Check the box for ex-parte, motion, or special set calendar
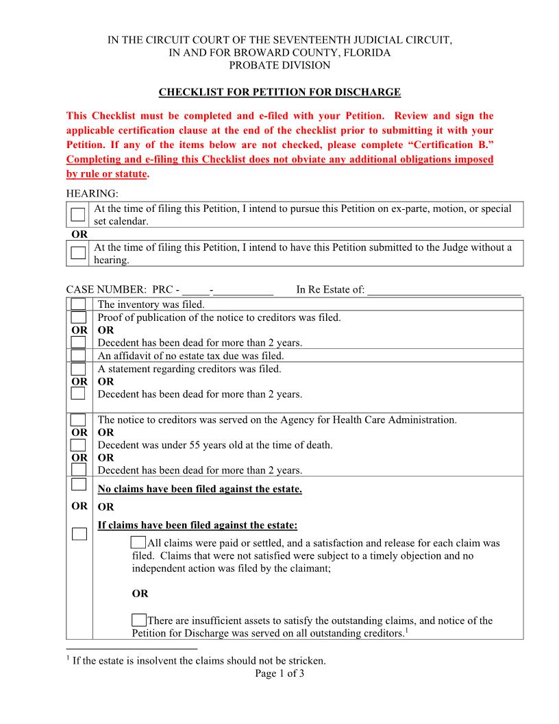coord(79,215)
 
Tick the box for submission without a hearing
coord(79,253)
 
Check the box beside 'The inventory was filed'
coord(79,304)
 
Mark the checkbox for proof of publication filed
coord(79,317)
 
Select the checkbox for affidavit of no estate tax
coord(79,356)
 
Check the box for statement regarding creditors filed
coord(79,369)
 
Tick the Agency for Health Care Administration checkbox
coord(79,420)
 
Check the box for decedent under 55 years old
coord(79,445)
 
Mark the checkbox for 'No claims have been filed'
coord(79,485)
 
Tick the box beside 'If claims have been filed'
coord(79,533)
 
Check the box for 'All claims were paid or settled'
coord(138,543)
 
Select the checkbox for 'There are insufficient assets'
coord(138,620)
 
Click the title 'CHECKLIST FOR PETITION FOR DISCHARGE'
coord(279,92)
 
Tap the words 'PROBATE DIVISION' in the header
coord(279,65)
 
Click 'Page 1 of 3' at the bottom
coord(279,673)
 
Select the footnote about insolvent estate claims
coord(199,661)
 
